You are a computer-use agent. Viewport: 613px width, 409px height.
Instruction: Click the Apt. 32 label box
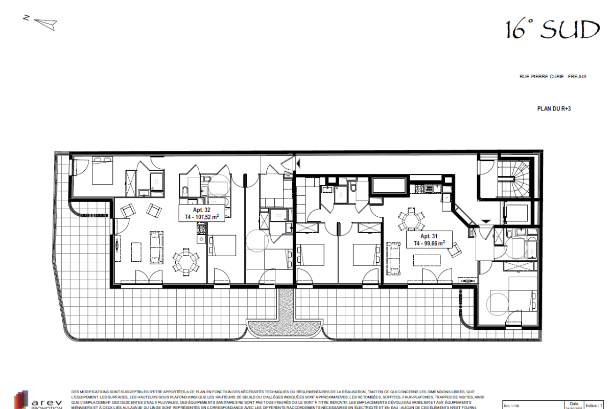pyautogui.click(x=202, y=214)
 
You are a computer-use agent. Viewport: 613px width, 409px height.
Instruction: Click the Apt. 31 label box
pyautogui.click(x=429, y=240)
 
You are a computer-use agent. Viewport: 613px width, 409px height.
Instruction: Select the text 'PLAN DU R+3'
pyautogui.click(x=553, y=109)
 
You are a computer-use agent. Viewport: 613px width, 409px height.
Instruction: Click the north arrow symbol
pyautogui.click(x=43, y=22)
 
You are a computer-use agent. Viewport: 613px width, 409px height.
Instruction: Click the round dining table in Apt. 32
pyautogui.click(x=185, y=262)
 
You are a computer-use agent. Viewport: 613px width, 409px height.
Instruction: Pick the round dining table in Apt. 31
pyautogui.click(x=411, y=219)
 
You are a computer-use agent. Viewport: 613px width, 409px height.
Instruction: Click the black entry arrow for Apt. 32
pyautogui.click(x=299, y=163)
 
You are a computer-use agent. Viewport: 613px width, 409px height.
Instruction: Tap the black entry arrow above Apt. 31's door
pyautogui.click(x=486, y=221)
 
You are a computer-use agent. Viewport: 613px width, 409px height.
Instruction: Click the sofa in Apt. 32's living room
pyautogui.click(x=155, y=247)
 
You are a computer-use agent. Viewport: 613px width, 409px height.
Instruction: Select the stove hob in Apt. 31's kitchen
pyautogui.click(x=420, y=189)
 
